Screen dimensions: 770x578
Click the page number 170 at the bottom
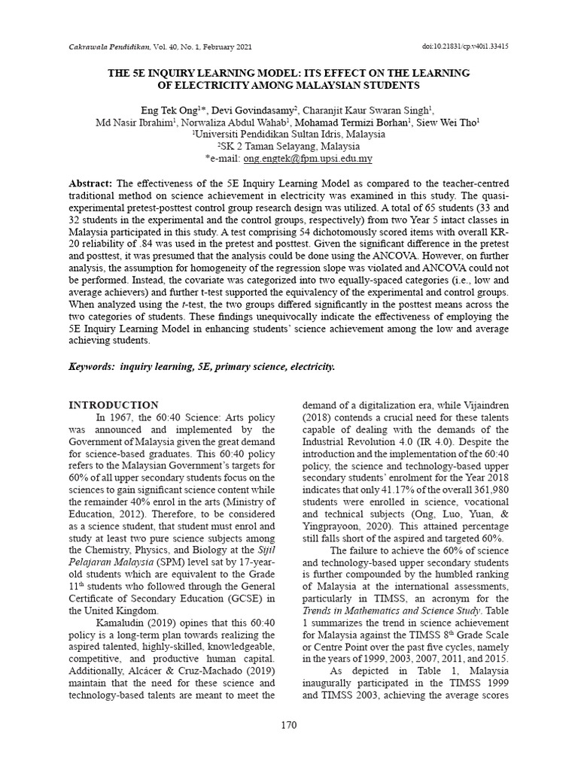[x=288, y=725]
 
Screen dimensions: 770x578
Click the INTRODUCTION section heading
[x=114, y=405]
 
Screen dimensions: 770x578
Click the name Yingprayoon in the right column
[x=333, y=526]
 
